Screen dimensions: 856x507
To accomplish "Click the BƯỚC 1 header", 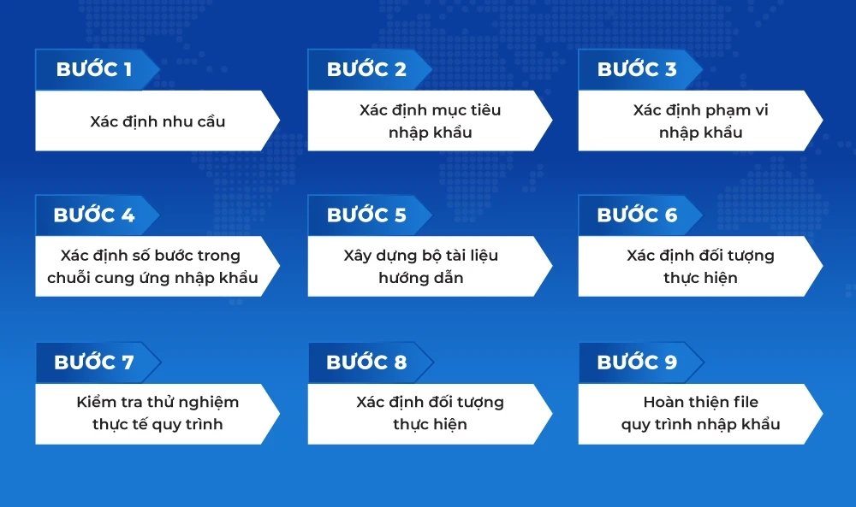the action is [94, 69].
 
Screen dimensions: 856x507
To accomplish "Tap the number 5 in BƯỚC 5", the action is [400, 215].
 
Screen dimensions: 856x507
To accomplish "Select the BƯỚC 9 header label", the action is [637, 362].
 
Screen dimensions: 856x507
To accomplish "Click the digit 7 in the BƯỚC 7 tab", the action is [128, 363].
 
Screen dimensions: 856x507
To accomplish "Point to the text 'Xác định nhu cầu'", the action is [158, 121].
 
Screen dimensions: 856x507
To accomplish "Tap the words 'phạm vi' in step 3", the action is [736, 110].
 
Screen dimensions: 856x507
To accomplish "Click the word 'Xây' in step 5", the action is [357, 256].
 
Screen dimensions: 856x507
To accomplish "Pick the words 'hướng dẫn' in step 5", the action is [421, 278].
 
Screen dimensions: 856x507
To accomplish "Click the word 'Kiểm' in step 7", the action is [94, 402].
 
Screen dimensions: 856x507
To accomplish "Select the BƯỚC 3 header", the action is [637, 69].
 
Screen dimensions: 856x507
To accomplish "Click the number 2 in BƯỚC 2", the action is [400, 70].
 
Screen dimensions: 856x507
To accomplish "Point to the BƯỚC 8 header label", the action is [366, 362].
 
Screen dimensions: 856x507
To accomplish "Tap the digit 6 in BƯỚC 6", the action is [671, 215].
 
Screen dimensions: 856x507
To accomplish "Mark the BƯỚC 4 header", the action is [94, 215].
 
